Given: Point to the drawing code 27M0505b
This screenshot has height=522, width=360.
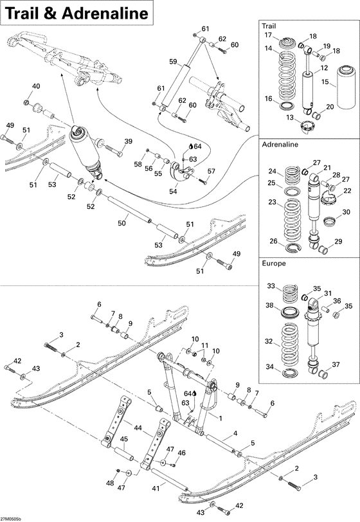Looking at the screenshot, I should click(12, 517).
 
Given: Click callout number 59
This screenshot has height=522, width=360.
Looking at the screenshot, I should click(172, 62).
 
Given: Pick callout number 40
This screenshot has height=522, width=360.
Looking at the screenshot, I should click(35, 87).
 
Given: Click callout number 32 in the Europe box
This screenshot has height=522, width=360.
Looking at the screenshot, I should click(270, 342).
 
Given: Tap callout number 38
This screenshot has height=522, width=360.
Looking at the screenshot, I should click(270, 305).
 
